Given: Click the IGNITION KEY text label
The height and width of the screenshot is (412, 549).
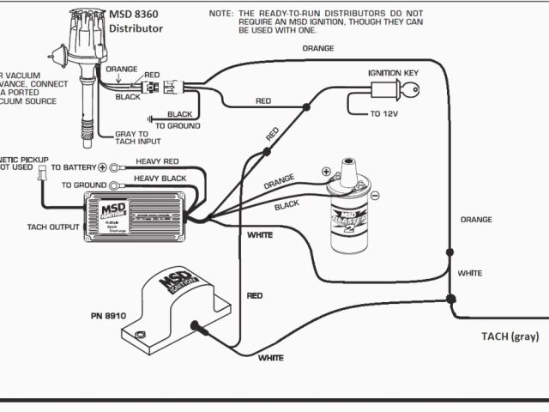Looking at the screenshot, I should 393,73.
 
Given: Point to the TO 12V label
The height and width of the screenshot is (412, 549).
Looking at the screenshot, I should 385,113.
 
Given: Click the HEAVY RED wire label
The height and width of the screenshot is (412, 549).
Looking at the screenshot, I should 157,161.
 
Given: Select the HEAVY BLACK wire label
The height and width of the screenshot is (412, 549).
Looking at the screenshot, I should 161,178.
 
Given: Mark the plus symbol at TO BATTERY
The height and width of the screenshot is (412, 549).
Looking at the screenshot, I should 102,167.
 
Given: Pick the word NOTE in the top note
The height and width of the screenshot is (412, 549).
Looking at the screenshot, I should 222,15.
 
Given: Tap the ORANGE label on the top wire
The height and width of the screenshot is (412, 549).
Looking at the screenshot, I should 318,48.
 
